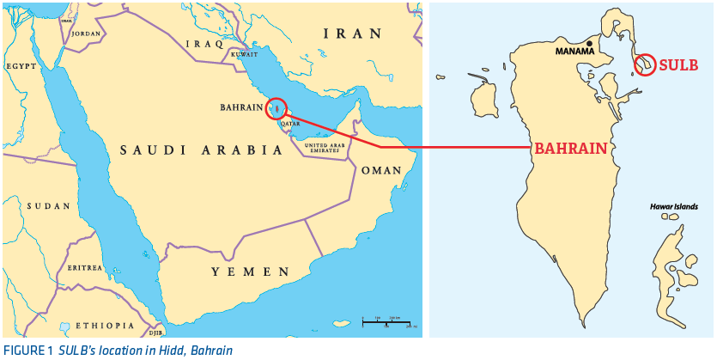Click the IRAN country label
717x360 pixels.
[x=351, y=34]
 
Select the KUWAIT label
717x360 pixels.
[x=244, y=55]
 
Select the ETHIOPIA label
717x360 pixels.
[x=104, y=326]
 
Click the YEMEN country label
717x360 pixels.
[x=250, y=272]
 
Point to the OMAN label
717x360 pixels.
[x=380, y=170]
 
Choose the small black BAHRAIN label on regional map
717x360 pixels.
[x=241, y=108]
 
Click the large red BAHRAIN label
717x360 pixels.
[x=570, y=148]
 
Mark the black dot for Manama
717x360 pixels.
[x=589, y=43]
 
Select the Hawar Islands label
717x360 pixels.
[x=673, y=207]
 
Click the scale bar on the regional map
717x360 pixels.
[x=386, y=321]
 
